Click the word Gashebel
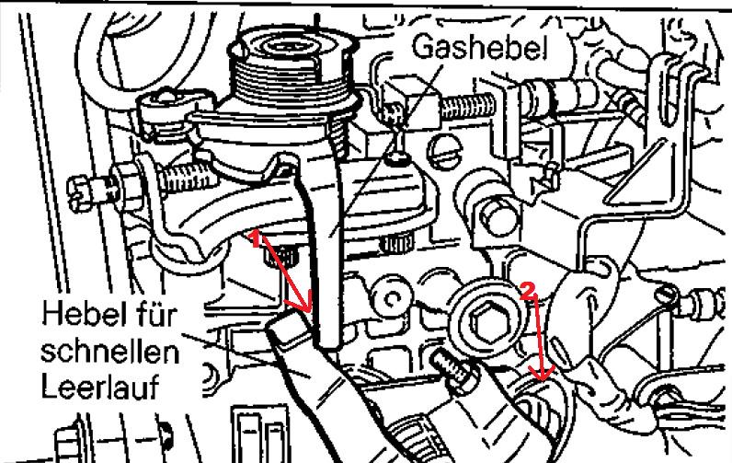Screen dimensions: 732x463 point(479,47)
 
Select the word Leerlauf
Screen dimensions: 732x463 point(100,386)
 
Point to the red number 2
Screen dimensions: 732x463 point(526,292)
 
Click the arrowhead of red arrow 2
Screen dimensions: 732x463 point(542,374)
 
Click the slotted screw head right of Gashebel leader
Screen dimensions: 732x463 point(446,151)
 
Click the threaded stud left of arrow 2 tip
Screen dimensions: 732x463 point(451,367)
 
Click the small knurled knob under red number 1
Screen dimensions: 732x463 point(282,256)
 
